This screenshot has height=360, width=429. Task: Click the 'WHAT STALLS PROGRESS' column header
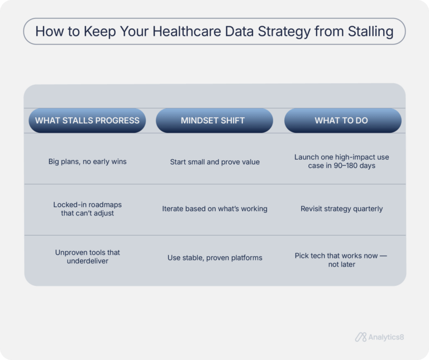click(87, 121)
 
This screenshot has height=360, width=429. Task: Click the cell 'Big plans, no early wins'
click(87, 162)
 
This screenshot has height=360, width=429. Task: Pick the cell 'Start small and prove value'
click(214, 162)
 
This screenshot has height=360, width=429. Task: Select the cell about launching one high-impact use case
click(341, 162)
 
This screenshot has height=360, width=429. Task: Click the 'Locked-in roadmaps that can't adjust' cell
click(87, 209)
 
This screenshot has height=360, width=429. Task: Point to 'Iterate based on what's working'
click(214, 209)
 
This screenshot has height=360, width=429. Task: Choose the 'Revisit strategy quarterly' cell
click(341, 209)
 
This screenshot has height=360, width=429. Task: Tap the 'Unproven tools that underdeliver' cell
click(87, 257)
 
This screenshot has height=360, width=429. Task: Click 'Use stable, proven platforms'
click(214, 258)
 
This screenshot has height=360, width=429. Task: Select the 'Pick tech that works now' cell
click(341, 260)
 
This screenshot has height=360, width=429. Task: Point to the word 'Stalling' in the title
click(365, 31)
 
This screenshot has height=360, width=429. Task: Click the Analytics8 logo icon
click(360, 337)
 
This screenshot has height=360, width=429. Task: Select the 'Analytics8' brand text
click(387, 337)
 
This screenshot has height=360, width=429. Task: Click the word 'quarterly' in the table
click(365, 209)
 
